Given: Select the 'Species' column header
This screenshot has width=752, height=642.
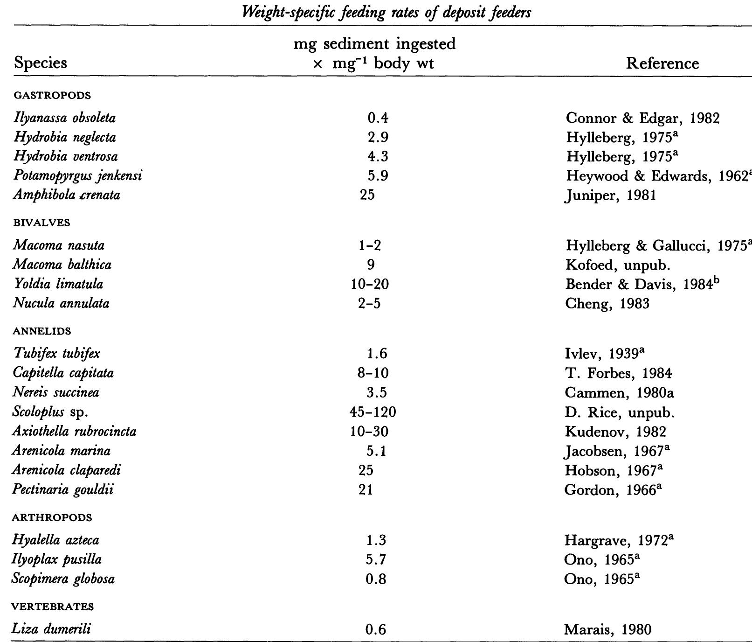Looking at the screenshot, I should click(41, 63).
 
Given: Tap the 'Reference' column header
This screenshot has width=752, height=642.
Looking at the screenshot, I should click(662, 63).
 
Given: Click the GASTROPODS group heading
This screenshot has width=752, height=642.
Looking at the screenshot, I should click(52, 95).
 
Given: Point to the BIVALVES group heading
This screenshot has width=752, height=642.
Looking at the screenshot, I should click(42, 223).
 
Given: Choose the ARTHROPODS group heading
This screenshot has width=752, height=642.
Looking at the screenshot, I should click(52, 517).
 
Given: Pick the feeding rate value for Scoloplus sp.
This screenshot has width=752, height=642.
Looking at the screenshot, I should click(373, 412).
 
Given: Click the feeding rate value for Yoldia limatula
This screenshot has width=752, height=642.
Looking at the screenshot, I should click(370, 284).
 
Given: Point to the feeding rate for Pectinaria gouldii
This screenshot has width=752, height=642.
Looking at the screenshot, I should click(366, 489).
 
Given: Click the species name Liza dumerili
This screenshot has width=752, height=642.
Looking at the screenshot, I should click(51, 629).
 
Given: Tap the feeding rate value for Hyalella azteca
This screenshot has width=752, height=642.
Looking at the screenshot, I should click(377, 540).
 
